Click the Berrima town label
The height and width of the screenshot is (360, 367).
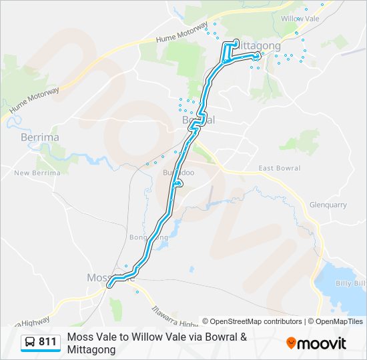[40, 137]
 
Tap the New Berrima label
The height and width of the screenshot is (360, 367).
[37, 173]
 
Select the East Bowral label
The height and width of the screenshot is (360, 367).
[279, 168]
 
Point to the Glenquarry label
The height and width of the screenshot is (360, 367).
[328, 205]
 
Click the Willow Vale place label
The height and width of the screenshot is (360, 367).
[300, 19]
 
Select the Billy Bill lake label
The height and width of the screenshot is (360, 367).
[351, 283]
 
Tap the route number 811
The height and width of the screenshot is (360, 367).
[47, 342]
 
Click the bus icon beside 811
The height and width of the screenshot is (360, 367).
[30, 342]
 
